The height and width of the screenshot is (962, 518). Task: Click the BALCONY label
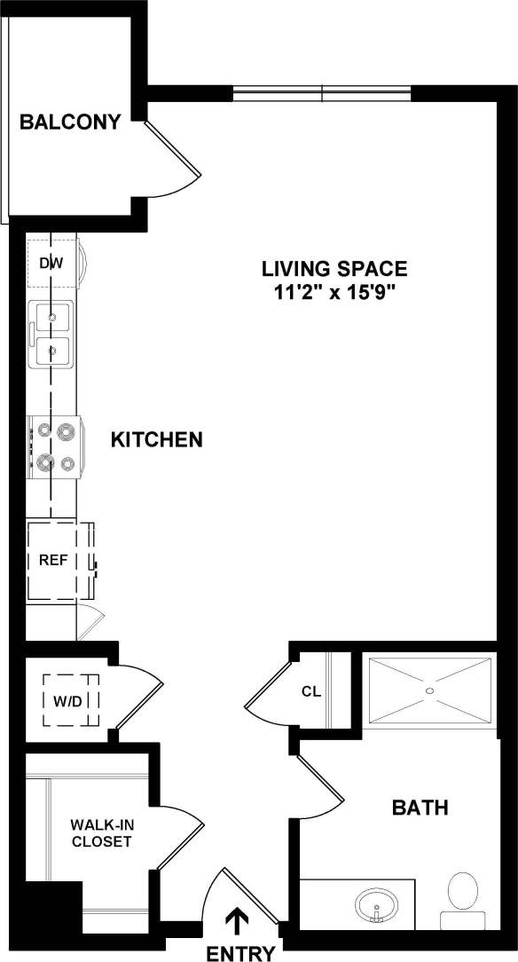point(70,122)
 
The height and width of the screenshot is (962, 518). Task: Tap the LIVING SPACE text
point(334,268)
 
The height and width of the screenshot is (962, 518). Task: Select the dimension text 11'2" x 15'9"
point(334,294)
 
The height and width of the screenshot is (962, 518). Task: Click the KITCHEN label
point(157,439)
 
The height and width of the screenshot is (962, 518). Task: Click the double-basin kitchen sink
point(51,334)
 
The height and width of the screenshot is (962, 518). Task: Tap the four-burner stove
point(55,446)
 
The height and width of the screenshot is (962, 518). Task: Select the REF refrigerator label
point(49,561)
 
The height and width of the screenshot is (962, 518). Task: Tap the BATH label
point(420,808)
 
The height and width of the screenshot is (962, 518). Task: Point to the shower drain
point(429,690)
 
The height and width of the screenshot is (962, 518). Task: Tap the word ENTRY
point(239,953)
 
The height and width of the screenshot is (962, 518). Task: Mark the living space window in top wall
point(322,93)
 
